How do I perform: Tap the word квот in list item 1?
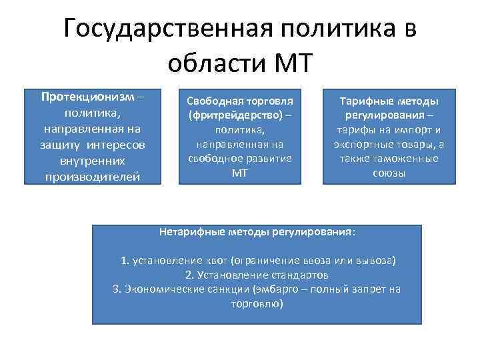pyautogui.click(x=211, y=259)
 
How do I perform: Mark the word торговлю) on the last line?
pyautogui.click(x=257, y=303)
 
